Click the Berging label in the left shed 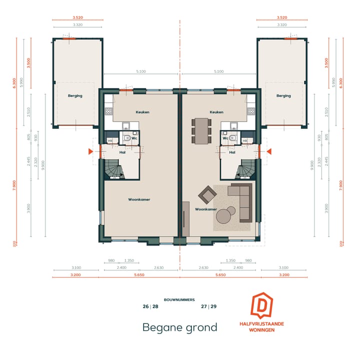pyautogui.click(x=75, y=95)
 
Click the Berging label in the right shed pyautogui.click(x=283, y=95)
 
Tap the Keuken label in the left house pyautogui.click(x=143, y=112)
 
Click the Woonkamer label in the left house pyautogui.click(x=139, y=199)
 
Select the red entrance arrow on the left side pyautogui.click(x=90, y=151)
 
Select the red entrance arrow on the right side pyautogui.click(x=269, y=151)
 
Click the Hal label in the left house pyautogui.click(x=122, y=152)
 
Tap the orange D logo pyautogui.click(x=261, y=306)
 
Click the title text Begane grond pyautogui.click(x=180, y=327)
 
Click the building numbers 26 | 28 pyautogui.click(x=150, y=307)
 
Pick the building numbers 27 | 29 pyautogui.click(x=209, y=307)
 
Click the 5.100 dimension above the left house pyautogui.click(x=141, y=71)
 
